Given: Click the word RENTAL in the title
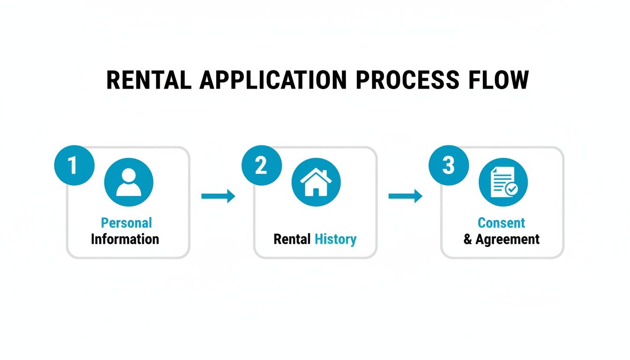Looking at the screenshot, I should (x=149, y=80).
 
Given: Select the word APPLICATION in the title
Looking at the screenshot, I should (x=273, y=80).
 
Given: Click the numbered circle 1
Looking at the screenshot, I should (x=74, y=166).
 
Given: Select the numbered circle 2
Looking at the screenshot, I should (x=261, y=166).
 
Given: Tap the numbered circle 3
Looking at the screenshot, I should (x=449, y=166).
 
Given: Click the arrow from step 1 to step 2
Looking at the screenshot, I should (x=218, y=196).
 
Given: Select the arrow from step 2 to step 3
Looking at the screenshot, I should (x=405, y=196).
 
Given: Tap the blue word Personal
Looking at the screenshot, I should (x=127, y=223).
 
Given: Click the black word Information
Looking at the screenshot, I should (x=125, y=239).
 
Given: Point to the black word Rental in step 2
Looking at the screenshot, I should (x=292, y=239).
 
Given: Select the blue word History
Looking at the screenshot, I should (x=336, y=239).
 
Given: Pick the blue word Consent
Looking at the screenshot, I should (x=501, y=223).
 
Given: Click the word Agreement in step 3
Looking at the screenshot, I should (x=508, y=239).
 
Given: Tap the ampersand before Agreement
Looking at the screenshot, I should (x=468, y=240).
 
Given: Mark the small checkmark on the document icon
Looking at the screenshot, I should (x=511, y=189).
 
